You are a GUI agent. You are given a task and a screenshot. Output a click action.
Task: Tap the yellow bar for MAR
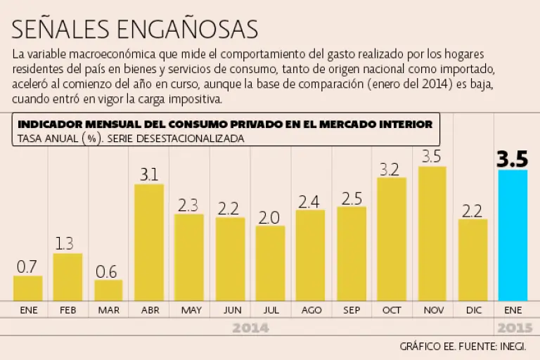click(108, 290)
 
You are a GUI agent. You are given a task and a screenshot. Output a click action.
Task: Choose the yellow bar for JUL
click(270, 263)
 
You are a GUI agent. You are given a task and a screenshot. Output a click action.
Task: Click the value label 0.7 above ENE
click(27, 266)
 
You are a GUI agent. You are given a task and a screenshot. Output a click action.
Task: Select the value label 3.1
click(148, 174)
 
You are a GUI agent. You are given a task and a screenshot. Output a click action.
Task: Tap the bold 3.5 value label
click(512, 159)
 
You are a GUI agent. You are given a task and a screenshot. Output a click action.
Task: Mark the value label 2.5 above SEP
click(352, 198)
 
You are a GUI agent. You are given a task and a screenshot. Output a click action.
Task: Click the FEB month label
click(67, 309)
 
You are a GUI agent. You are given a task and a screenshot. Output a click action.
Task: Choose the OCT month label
click(392, 309)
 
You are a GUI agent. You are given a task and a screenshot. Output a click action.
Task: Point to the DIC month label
click(472, 309)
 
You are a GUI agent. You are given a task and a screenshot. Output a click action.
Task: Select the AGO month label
click(311, 309)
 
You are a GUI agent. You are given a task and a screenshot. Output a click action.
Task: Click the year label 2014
click(250, 328)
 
